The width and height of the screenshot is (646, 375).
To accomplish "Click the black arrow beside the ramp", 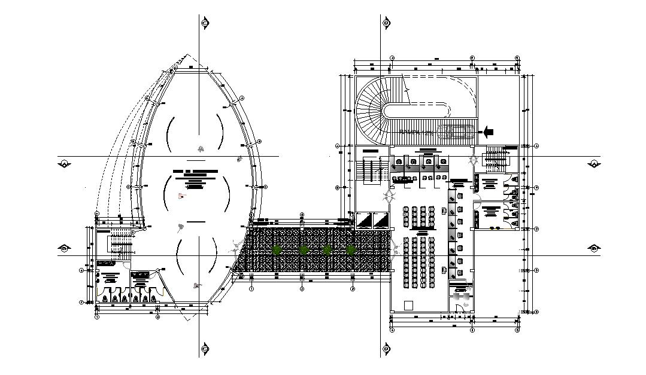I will click(x=488, y=130).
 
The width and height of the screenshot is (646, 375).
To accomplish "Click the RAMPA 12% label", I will click(x=416, y=132).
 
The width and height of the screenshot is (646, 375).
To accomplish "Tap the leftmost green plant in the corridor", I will click(x=277, y=249).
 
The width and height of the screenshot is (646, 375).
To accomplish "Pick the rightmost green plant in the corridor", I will click(x=350, y=249).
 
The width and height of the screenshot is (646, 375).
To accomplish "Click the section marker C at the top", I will click(x=205, y=23).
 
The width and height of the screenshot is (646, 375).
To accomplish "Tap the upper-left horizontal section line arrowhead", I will click(x=64, y=163).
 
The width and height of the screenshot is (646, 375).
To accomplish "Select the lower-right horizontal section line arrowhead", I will click(x=593, y=248).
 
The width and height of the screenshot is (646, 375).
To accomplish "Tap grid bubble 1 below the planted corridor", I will click(x=251, y=289).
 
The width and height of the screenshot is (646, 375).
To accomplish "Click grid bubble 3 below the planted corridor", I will click(x=353, y=289).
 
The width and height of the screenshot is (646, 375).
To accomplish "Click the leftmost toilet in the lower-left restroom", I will click(x=105, y=297).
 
